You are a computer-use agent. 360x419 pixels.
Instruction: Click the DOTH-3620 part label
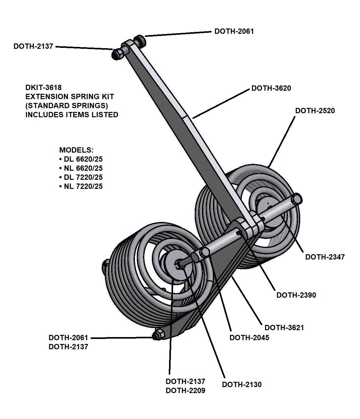pos(271,88)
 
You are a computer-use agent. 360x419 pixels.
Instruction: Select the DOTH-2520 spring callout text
pos(315,111)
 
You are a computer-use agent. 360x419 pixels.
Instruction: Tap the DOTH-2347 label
pos(325,257)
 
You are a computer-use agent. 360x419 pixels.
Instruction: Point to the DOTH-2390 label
pos(296,295)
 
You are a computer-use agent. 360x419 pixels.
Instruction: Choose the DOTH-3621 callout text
pos(284,328)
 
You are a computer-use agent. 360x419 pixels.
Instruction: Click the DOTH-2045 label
pos(249,338)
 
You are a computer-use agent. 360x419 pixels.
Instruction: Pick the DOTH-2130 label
pos(242,385)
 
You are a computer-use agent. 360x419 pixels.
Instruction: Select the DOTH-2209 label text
pos(185,391)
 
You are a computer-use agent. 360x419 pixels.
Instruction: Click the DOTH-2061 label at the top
pos(234,31)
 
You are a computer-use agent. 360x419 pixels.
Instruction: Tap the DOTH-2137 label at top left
pos(33,46)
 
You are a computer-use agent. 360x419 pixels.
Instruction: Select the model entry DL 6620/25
pos(83,159)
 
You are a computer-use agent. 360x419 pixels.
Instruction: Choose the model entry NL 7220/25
pos(83,187)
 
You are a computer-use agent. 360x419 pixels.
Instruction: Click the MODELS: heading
pos(76,150)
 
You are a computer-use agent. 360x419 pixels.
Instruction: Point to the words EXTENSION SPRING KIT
pos(69,97)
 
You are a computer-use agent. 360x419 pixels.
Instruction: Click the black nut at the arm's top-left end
pos(117,55)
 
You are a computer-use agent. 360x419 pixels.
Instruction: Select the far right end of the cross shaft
pos(297,199)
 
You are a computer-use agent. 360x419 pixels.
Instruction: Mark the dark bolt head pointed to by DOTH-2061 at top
pos(139,40)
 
